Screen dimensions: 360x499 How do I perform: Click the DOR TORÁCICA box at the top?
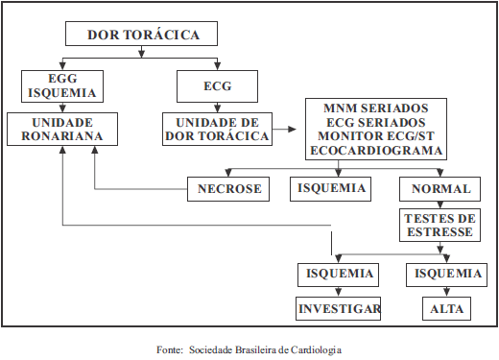coord(143,35)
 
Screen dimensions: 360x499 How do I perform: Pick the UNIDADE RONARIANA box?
coord(63,130)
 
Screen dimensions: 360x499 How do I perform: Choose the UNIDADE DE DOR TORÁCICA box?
coord(218,130)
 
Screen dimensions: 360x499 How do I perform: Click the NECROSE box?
coord(229,189)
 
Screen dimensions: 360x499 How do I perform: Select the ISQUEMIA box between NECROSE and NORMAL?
coord(331,188)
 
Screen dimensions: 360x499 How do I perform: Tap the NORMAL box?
coord(441,189)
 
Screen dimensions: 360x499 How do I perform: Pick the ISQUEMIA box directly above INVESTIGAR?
coord(339,275)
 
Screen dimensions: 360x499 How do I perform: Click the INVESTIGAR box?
coord(339,309)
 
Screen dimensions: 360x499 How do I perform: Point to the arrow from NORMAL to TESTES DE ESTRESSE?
coord(441,204)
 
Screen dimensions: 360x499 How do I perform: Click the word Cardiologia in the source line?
coord(312,349)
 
